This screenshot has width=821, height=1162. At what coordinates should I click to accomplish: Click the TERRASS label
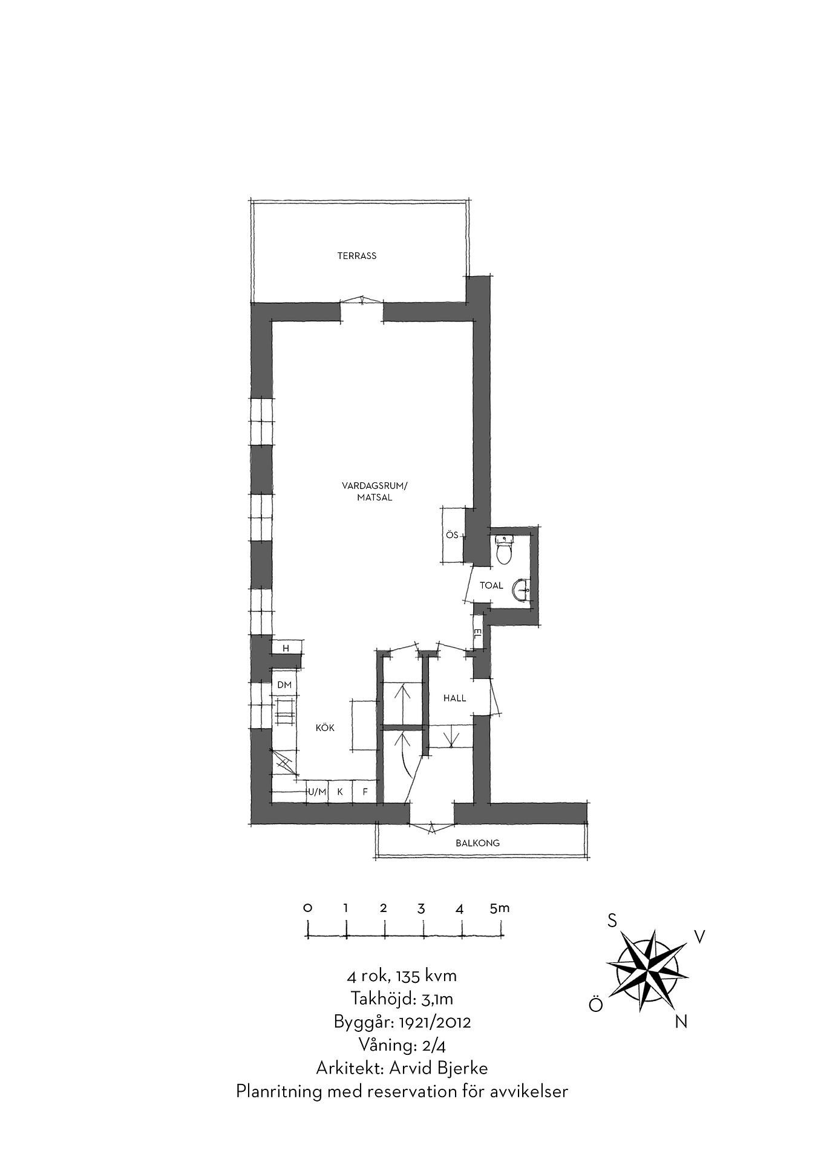pos(356,256)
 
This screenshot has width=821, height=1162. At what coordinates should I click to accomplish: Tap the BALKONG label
pos(478,842)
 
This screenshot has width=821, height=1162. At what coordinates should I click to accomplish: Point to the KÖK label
pos(325,728)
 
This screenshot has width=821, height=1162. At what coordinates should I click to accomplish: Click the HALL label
pos(455,698)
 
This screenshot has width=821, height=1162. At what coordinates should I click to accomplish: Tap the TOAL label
pos(491,585)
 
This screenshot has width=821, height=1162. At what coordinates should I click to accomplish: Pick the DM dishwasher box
pos(284,684)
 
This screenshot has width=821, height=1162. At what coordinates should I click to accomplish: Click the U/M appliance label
pos(317,792)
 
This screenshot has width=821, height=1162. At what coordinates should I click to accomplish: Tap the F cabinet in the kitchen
pos(365,792)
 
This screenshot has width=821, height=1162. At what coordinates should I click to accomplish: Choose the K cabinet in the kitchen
pos(340,792)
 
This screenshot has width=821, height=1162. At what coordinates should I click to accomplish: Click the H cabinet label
pos(287,648)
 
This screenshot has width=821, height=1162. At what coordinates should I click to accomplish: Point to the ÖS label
pos(452,535)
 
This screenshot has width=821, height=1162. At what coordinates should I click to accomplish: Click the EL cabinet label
pos(477,633)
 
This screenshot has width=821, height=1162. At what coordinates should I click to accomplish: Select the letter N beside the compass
pos(681,1022)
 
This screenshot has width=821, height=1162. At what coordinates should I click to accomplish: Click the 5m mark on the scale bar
pos(500,908)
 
